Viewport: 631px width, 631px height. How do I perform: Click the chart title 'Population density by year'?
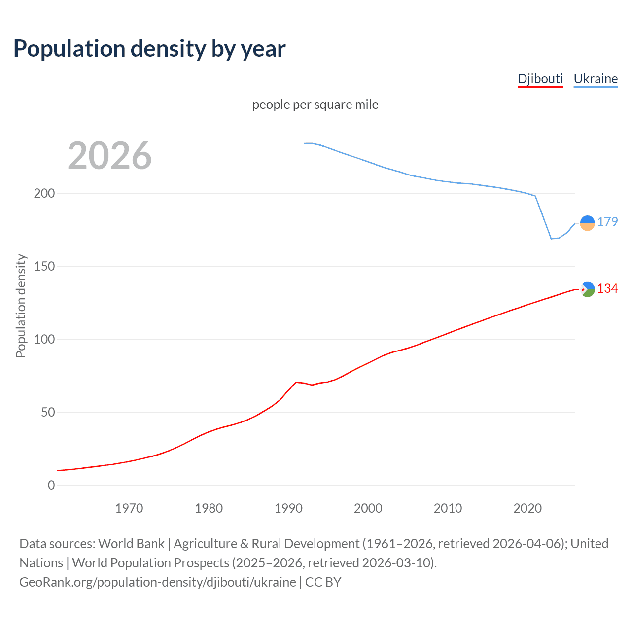(149, 49)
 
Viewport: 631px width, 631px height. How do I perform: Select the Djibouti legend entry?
(540, 79)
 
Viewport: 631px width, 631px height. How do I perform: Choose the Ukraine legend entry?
(596, 79)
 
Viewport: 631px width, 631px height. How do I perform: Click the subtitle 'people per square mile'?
(315, 105)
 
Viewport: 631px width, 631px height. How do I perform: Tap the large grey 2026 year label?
(109, 156)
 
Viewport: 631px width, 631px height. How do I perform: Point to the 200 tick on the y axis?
(44, 193)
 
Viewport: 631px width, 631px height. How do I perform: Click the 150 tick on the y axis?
(44, 266)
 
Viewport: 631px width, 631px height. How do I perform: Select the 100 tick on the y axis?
(44, 339)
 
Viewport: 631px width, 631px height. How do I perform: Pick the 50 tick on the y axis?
(48, 412)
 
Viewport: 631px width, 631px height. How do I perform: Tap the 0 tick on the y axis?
(51, 485)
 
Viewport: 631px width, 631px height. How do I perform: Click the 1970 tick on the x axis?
(129, 508)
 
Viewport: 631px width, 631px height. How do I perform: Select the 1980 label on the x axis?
(209, 508)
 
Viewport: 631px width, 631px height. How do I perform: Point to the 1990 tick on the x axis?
(288, 508)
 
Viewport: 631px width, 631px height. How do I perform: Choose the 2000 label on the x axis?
(368, 508)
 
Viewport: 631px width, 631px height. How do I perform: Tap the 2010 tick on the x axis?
(448, 508)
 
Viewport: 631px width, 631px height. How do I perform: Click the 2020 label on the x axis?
(527, 508)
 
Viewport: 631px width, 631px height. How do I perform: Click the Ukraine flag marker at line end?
(587, 223)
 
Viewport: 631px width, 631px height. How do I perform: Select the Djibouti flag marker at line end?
(587, 289)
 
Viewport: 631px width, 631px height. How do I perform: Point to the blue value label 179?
(607, 222)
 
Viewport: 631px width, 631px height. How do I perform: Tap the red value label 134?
(607, 288)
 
